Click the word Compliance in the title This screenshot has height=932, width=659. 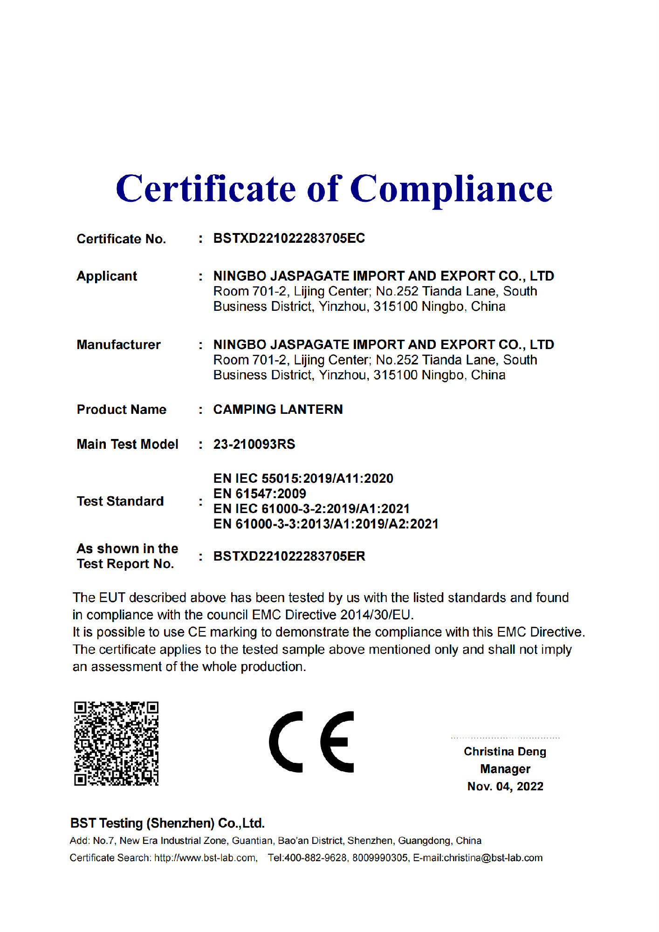[451, 189]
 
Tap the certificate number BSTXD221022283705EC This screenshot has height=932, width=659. [289, 239]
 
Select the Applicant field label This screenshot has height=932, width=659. [107, 276]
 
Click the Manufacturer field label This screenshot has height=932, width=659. [118, 345]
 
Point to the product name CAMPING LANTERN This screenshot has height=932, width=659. [278, 410]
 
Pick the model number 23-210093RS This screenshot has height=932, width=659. [254, 445]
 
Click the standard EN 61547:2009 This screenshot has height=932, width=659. [260, 494]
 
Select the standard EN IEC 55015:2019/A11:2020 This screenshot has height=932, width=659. [303, 479]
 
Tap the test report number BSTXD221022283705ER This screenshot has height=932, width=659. [289, 556]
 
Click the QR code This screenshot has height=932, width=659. [117, 743]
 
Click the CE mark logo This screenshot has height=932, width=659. [311, 742]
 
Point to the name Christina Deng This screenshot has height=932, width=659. [505, 752]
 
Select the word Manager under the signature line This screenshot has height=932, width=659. [505, 769]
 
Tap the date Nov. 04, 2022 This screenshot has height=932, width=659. [505, 787]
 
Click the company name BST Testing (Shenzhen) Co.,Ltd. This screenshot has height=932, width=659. [167, 823]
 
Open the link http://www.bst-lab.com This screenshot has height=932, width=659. [205, 858]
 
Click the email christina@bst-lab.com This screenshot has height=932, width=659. [493, 858]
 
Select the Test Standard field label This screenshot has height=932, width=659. [120, 501]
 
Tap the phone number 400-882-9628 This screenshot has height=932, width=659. [316, 858]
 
